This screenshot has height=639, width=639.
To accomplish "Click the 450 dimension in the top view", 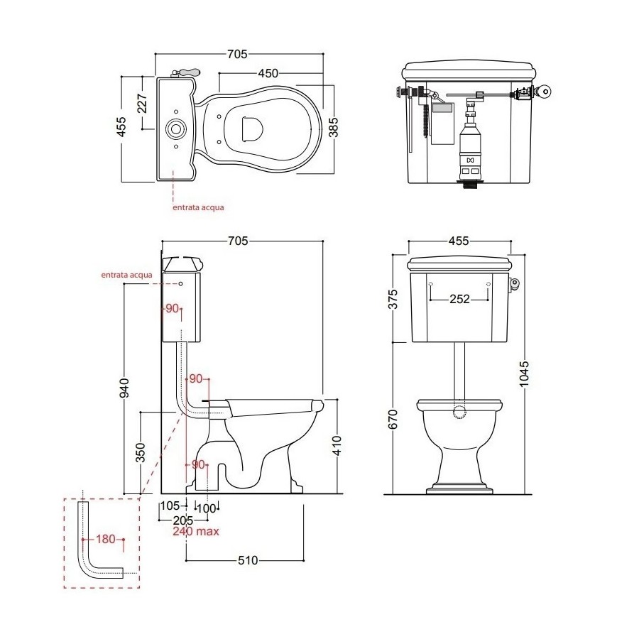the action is click(x=268, y=73).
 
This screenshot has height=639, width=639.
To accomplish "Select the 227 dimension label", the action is click(x=142, y=104).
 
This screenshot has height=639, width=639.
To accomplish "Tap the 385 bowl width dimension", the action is click(x=334, y=127).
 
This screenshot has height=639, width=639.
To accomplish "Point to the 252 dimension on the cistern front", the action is click(x=459, y=299).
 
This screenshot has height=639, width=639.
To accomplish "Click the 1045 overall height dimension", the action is click(x=524, y=373).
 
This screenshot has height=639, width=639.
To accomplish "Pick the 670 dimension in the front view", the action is click(x=393, y=419).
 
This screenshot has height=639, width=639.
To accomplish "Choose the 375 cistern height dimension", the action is click(x=393, y=299).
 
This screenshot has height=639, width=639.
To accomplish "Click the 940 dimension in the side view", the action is click(x=124, y=388).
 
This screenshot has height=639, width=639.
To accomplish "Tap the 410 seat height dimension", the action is click(x=337, y=445).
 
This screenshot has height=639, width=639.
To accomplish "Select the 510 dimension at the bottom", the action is click(x=248, y=560).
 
